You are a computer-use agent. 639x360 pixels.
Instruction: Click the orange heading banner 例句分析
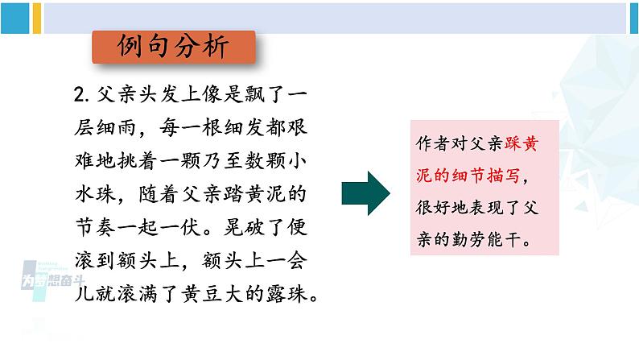pos(174,48)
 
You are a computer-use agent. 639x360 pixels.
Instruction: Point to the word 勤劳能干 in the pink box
pos(490,239)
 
